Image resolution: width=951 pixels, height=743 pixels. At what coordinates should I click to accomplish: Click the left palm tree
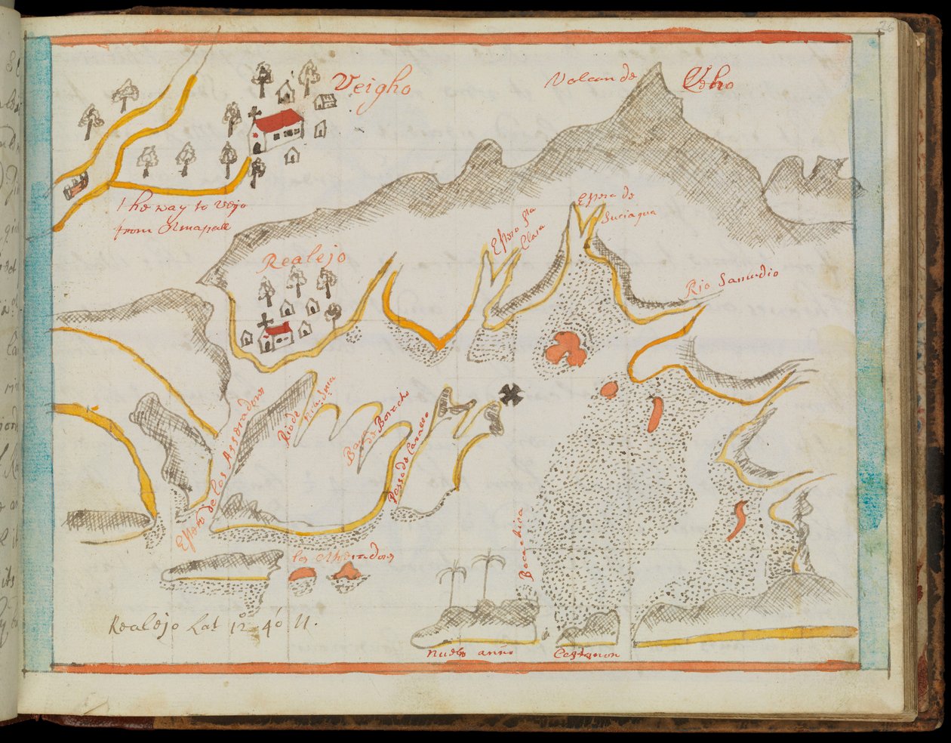tap(451, 585)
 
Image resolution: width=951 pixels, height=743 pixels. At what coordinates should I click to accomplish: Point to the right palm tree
tap(488, 574)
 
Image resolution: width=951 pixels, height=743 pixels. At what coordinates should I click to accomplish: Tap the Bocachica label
tap(527, 543)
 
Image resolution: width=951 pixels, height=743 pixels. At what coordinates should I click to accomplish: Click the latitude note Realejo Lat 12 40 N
tap(211, 623)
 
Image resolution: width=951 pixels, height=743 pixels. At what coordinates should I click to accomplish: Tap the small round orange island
tap(608, 390)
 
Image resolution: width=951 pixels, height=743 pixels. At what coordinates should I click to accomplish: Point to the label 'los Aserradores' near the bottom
tap(344, 557)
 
